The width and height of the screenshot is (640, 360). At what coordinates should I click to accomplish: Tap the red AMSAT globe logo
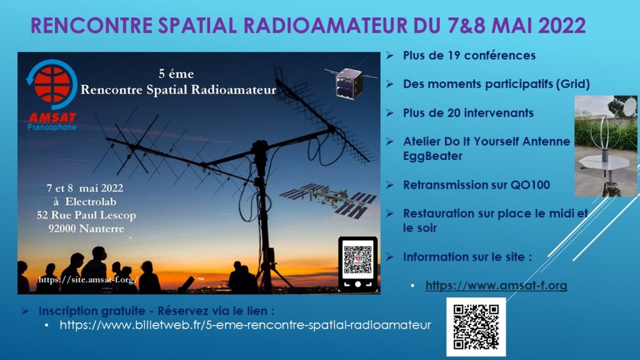[x=52, y=84]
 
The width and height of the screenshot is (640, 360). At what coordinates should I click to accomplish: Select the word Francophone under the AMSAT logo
[x=52, y=127]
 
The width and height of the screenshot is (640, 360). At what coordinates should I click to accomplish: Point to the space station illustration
[x=328, y=200]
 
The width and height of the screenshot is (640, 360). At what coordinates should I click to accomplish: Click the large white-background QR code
[x=476, y=327]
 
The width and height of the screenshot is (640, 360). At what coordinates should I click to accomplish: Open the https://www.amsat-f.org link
[x=496, y=285]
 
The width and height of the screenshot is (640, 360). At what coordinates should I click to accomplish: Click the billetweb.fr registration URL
[x=245, y=325]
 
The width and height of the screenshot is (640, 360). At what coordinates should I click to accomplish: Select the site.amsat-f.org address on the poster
[x=87, y=279]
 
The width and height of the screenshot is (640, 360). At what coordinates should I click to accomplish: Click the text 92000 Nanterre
[x=86, y=229]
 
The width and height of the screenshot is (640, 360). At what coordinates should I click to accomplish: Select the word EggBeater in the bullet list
[x=432, y=156]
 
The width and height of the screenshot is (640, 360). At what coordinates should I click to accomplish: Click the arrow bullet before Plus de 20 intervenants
[x=390, y=112]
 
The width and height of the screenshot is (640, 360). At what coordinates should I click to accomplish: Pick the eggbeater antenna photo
[x=606, y=146]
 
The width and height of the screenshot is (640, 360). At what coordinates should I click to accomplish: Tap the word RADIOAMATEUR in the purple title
[x=325, y=25]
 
